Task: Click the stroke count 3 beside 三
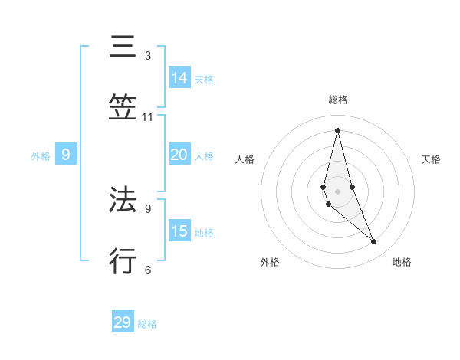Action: point(148,56)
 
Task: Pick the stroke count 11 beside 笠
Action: point(148,117)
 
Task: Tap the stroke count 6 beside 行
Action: point(148,269)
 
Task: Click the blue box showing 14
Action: point(179,78)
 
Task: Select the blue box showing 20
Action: point(179,155)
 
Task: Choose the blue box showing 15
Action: point(179,231)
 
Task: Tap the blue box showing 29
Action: point(123,322)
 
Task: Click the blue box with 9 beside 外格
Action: point(66,155)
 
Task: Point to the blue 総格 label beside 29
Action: point(147,324)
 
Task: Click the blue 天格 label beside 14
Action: point(204,80)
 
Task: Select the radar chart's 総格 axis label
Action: point(338,100)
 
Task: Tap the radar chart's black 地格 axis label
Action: point(402,262)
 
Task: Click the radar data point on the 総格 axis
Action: point(337,130)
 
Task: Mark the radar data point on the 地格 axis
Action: point(374,242)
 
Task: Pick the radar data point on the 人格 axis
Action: point(324,187)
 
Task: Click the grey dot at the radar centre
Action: point(337,191)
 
